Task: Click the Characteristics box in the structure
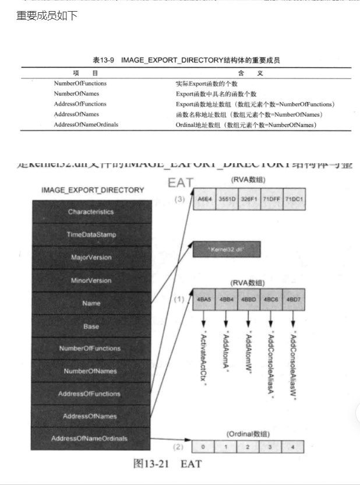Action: coord(90,212)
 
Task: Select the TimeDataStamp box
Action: coord(90,234)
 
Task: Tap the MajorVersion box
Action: coord(90,257)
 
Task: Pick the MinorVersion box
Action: coord(90,280)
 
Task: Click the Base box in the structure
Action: coord(90,326)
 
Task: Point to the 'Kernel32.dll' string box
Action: coord(227,249)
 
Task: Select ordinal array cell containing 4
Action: coord(293,447)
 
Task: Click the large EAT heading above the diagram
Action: coord(181,182)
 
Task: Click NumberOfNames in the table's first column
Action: coord(76,93)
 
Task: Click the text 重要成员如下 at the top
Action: coord(47,15)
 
